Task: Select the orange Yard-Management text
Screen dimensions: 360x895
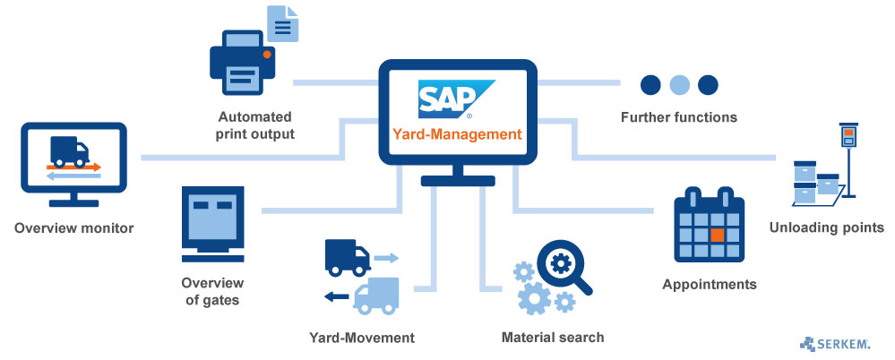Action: pos(456,135)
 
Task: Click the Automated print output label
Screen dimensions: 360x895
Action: pos(255,125)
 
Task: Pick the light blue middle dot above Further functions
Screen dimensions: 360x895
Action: pos(679,84)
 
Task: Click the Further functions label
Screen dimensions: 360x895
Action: pos(679,117)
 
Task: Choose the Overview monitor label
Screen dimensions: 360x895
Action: pos(74,228)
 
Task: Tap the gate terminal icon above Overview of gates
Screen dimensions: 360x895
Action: pos(212,219)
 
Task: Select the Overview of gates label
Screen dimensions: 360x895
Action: pos(212,291)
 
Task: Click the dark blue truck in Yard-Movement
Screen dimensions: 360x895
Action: pos(346,257)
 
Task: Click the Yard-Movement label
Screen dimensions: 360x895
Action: pos(362,338)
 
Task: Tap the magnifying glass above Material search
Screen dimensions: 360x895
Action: pos(564,267)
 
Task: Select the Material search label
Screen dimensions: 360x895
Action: pos(553,338)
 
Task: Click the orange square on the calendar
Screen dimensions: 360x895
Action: pos(716,236)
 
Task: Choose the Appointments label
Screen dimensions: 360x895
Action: pos(710,285)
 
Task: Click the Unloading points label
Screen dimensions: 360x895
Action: pos(827,227)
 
